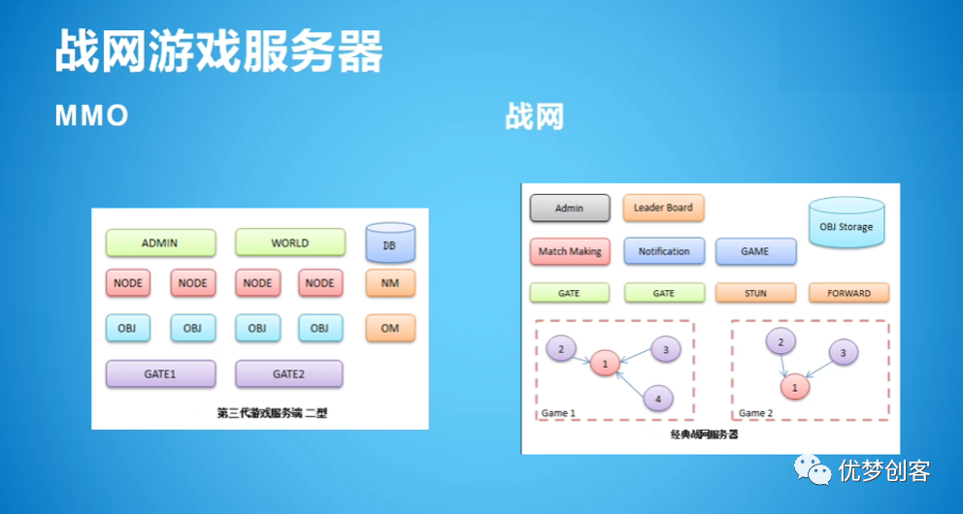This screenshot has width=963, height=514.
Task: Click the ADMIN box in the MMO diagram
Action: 159,242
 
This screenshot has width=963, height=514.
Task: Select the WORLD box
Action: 289,242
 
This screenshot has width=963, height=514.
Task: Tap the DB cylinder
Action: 390,244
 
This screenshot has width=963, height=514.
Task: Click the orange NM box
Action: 390,283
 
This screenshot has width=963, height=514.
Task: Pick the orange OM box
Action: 390,328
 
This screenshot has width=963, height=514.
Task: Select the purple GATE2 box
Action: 289,373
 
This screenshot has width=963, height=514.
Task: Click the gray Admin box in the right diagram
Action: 570,209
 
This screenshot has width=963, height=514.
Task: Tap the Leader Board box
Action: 663,208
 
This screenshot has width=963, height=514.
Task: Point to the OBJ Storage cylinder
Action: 846,225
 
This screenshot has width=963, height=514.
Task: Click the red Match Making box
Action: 570,251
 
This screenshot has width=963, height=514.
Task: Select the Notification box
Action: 664,251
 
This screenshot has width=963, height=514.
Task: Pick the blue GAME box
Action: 755,251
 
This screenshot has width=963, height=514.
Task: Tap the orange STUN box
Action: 755,293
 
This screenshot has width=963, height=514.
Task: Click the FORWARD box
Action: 848,293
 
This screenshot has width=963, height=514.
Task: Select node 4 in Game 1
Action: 657,397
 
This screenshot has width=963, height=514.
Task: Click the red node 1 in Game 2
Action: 795,387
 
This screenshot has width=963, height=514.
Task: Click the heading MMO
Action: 91,116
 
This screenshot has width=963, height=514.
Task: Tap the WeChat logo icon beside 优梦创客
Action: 814,470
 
